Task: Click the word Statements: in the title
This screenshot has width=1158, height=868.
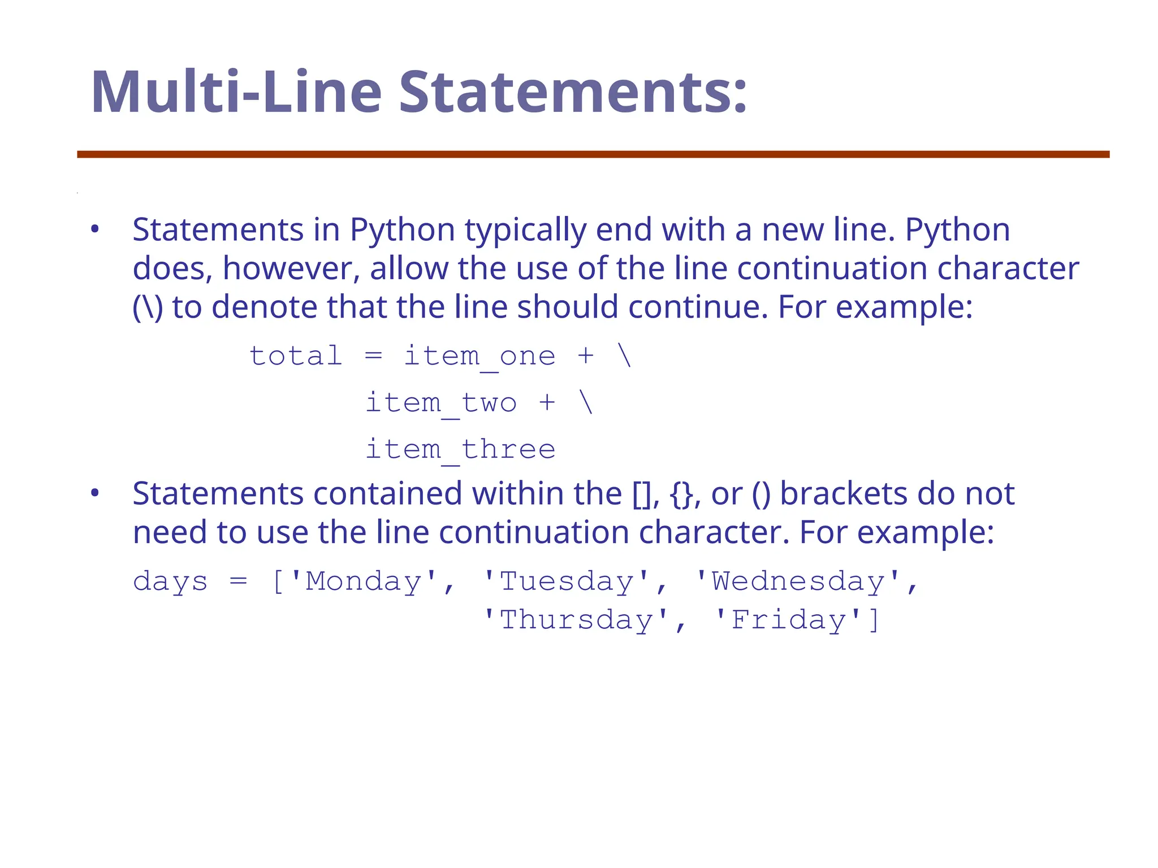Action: pos(573,93)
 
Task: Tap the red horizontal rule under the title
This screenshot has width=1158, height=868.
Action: pos(593,154)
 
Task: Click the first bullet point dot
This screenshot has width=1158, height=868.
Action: pos(95,230)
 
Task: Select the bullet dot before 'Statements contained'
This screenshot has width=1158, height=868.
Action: pos(95,494)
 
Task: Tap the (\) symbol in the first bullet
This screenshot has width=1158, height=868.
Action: pos(148,307)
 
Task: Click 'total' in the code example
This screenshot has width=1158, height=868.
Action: pos(296,356)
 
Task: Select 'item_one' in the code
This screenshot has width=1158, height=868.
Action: pos(479,357)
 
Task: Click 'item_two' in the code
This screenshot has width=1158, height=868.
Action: pos(441,403)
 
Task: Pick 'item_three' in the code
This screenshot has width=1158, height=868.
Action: pos(460,450)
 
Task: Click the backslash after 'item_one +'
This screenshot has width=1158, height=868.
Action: pos(625,356)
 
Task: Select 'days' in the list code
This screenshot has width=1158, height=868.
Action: pos(170,582)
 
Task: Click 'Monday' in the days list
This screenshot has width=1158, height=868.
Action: pos(364,581)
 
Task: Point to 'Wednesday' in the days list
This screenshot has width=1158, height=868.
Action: pos(797,581)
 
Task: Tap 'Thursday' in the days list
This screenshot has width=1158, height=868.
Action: pos(576,620)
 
